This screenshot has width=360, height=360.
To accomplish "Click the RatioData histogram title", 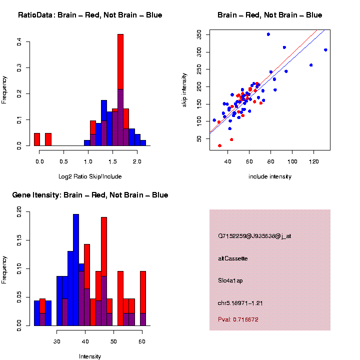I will [x=90, y=15].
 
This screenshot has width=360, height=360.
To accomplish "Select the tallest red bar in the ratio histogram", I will [x=120, y=90].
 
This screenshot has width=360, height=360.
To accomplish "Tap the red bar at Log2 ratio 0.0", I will [x=37, y=139].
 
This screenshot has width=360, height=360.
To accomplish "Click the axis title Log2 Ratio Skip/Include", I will [x=90, y=176].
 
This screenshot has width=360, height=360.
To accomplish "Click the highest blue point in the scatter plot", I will [x=268, y=34].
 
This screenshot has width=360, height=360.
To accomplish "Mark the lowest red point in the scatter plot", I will [x=219, y=145].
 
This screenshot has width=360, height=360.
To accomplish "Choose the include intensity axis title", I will [x=270, y=176].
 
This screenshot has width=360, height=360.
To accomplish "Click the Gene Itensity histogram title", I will [x=90, y=195].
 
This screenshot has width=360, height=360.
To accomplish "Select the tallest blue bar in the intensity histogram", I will [x=76, y=270].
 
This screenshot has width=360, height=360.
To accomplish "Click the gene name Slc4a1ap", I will [x=230, y=280].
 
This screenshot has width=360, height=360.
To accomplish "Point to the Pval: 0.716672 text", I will [x=238, y=319].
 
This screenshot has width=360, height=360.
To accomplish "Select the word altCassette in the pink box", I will [x=232, y=258].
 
